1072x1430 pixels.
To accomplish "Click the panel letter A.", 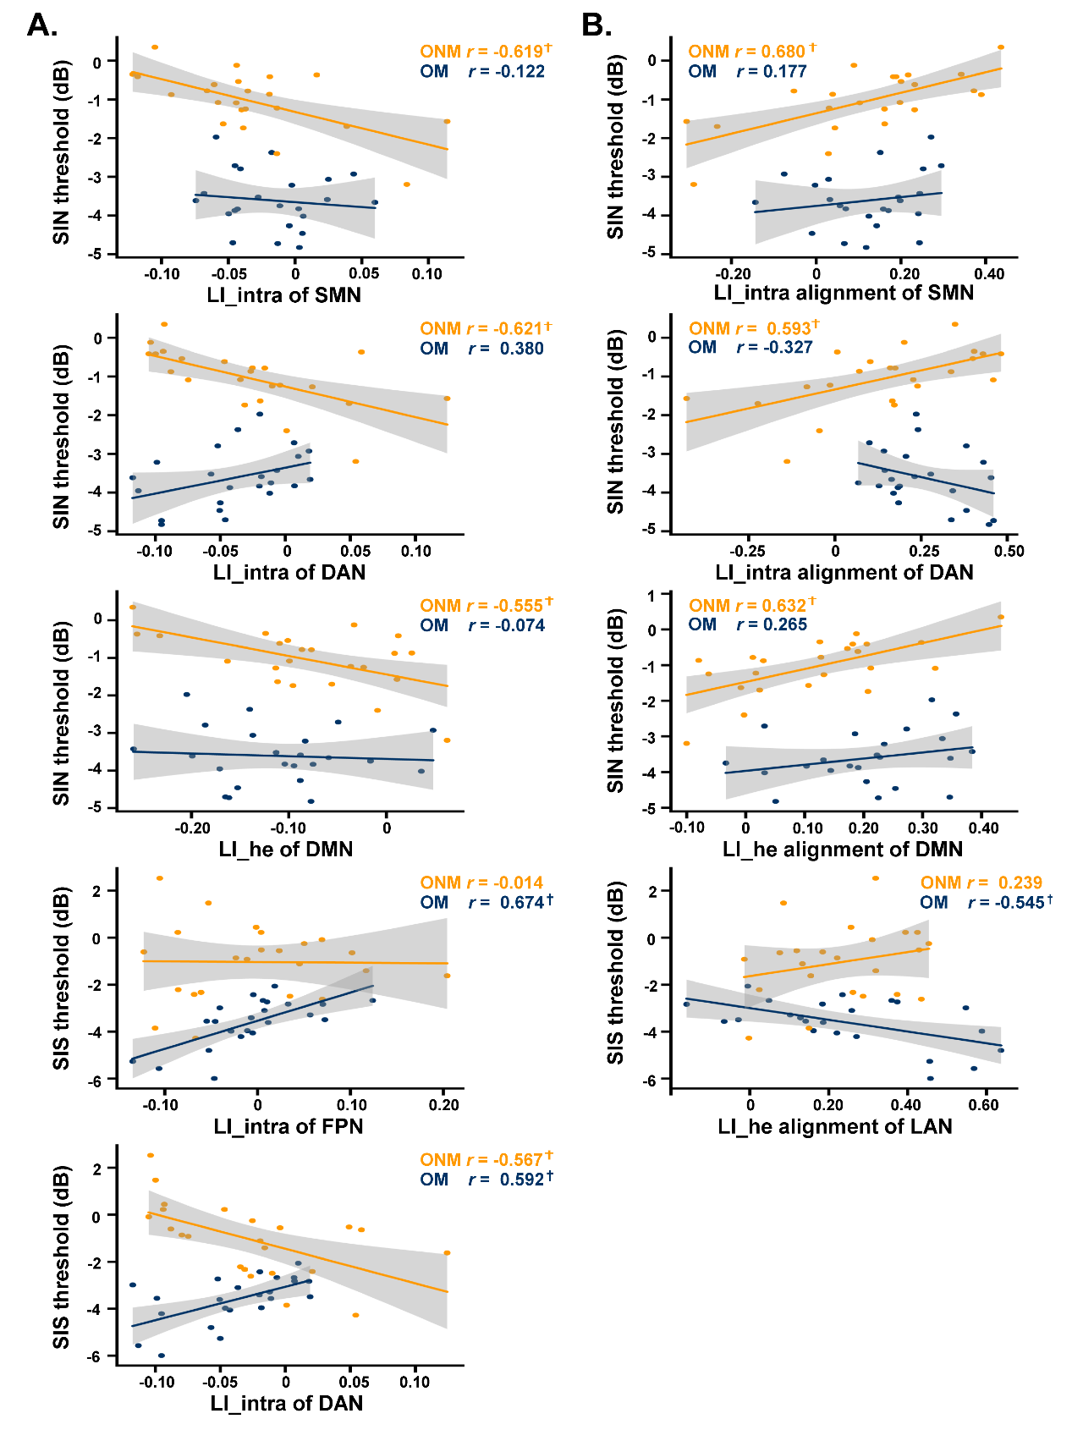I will click(42, 25).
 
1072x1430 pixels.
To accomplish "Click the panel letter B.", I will click(596, 25).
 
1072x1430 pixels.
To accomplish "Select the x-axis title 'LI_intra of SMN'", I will click(284, 295).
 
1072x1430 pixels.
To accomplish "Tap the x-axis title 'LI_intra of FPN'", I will click(288, 1126).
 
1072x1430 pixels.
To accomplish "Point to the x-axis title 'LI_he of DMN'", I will click(285, 849).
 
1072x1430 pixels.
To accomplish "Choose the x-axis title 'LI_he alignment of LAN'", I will click(835, 1126).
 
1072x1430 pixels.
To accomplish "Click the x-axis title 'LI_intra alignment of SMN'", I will click(844, 293).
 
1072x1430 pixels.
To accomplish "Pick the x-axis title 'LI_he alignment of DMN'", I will click(842, 849).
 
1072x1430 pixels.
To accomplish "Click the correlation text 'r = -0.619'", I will click(509, 52).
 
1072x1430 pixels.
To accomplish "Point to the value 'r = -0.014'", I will click(505, 883).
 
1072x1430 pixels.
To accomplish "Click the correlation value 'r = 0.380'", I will click(506, 349).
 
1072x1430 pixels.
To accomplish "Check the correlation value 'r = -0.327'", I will click(774, 347).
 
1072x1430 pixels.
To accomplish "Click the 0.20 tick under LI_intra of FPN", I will click(443, 1105).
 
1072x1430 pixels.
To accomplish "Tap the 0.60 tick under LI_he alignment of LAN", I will click(983, 1105).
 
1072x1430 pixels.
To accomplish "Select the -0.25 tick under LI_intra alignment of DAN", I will click(748, 551).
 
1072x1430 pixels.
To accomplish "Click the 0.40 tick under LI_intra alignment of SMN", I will click(988, 273).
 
